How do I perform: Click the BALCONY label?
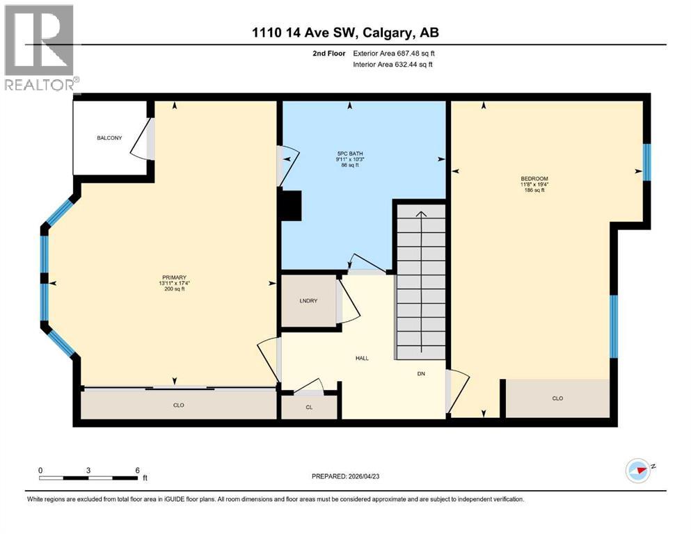(109, 138)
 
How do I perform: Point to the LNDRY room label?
(308, 300)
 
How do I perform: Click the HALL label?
(361, 358)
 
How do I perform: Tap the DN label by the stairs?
(421, 373)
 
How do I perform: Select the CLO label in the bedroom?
(557, 398)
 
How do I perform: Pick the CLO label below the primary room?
(179, 404)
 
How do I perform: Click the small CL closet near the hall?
(309, 408)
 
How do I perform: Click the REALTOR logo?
(40, 49)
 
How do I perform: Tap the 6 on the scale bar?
(137, 470)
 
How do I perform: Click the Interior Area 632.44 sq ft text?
(393, 65)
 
